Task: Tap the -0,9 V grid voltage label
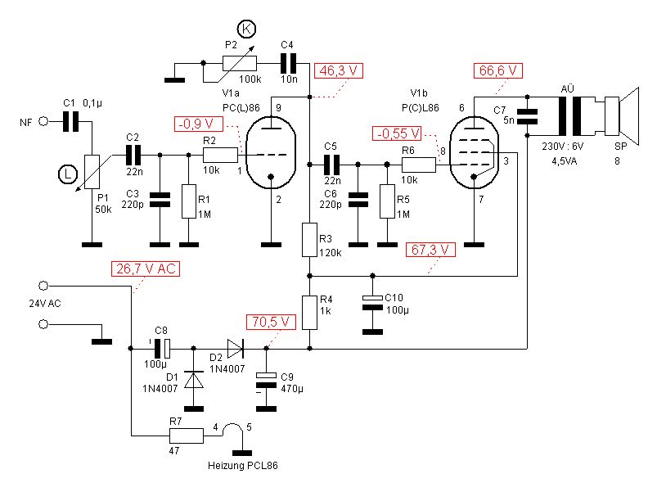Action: pos(199,124)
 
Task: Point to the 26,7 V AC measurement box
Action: pos(144,269)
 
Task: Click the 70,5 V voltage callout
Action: pos(271,321)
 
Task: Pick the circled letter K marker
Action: pos(249,30)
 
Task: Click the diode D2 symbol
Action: pos(236,349)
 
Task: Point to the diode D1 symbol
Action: pos(194,381)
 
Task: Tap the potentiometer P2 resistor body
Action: pos(239,62)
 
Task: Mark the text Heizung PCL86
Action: pos(243,466)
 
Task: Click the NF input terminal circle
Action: pos(44,122)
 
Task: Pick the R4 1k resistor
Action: pos(309,312)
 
